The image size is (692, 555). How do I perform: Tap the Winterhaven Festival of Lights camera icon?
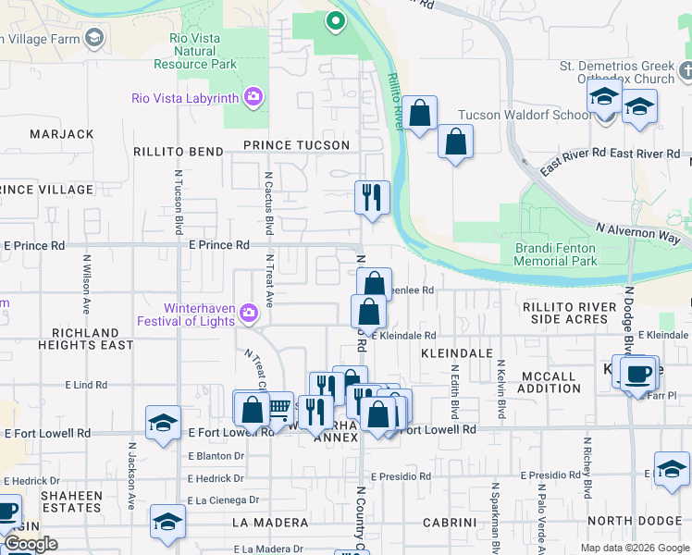[x=248, y=314]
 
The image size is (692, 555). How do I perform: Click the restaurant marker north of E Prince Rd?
[x=372, y=197]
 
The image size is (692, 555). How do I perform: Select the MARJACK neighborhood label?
[x=62, y=134]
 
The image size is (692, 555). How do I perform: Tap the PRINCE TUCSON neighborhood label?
[x=296, y=145]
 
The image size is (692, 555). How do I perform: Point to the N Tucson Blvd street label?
[x=178, y=203]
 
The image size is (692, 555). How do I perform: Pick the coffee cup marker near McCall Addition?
[x=638, y=375]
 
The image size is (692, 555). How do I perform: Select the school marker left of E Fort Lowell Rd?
[x=163, y=424]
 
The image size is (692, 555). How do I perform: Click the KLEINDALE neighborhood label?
[x=456, y=353]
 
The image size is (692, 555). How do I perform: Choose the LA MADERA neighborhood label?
[x=269, y=523]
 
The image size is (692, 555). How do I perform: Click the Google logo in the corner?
[x=31, y=544]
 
